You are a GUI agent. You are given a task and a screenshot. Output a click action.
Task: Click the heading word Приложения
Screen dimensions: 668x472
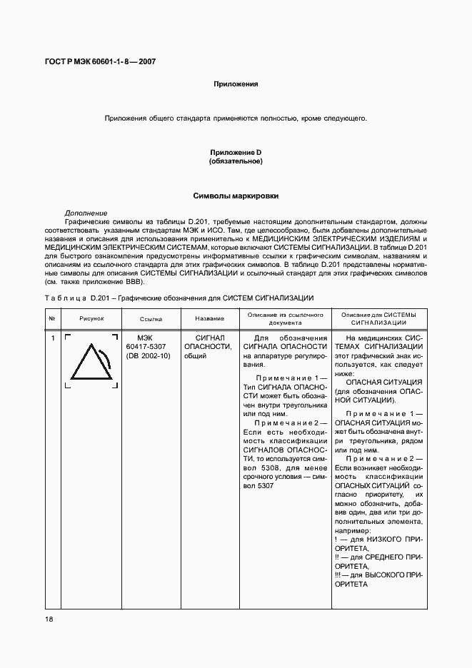(236, 84)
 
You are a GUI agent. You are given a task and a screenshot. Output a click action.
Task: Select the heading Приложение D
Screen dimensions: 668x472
(236, 153)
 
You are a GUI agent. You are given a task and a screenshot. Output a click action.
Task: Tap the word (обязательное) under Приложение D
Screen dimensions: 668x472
(236, 162)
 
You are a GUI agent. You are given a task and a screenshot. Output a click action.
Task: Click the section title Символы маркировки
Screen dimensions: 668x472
(236, 196)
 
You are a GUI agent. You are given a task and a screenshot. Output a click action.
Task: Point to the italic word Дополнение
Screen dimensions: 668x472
(86, 213)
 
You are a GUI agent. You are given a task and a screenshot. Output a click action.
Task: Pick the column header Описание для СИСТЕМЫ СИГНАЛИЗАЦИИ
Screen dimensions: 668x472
(378, 318)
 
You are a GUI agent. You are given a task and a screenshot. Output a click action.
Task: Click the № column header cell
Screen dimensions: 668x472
(52, 318)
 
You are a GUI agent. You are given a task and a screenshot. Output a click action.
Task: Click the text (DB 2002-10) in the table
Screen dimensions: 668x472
(149, 355)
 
